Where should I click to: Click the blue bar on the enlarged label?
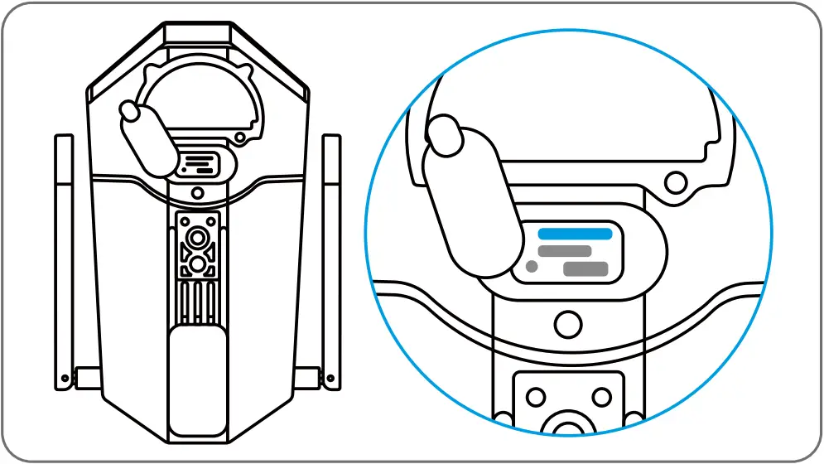tap(576, 234)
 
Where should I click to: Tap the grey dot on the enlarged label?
tap(531, 267)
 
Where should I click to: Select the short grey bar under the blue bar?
tap(565, 251)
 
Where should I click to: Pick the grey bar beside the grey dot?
tap(585, 268)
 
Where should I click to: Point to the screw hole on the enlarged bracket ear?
tap(677, 178)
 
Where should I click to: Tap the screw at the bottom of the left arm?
tap(65, 379)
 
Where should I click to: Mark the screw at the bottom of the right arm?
tap(331, 379)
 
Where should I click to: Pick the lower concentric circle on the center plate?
tap(198, 263)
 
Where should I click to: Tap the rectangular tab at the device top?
tap(198, 33)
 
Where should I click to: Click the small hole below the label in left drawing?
tap(198, 192)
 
